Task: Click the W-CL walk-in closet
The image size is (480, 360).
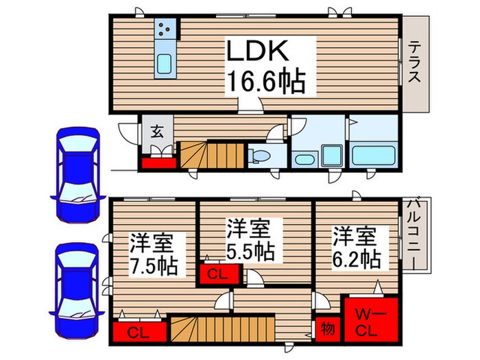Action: coord(370,320)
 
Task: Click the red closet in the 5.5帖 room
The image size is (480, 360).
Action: coord(221,274)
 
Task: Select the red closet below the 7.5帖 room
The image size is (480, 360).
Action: coord(139,333)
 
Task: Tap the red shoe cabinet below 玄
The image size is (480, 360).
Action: coord(158,162)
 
